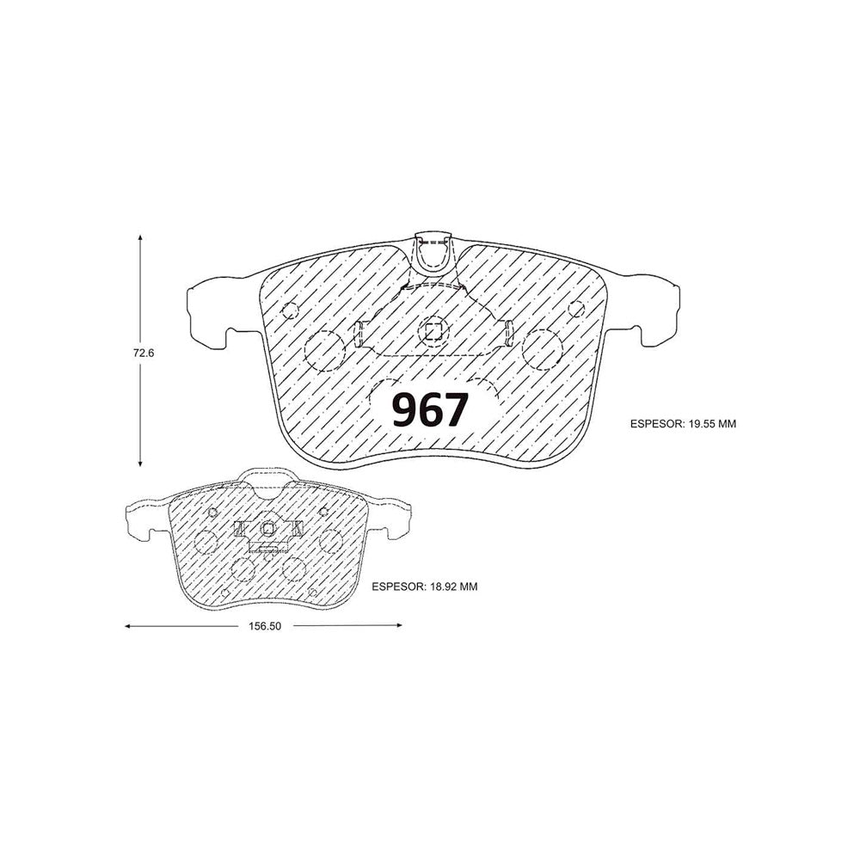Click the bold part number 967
click(x=431, y=409)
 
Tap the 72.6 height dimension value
click(x=144, y=353)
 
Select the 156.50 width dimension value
click(x=264, y=626)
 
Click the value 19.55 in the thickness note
click(x=700, y=424)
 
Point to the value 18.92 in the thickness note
click(x=442, y=587)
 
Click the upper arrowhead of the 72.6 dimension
click(x=140, y=238)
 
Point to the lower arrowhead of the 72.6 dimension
click(x=140, y=463)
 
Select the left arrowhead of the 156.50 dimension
click(x=129, y=625)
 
